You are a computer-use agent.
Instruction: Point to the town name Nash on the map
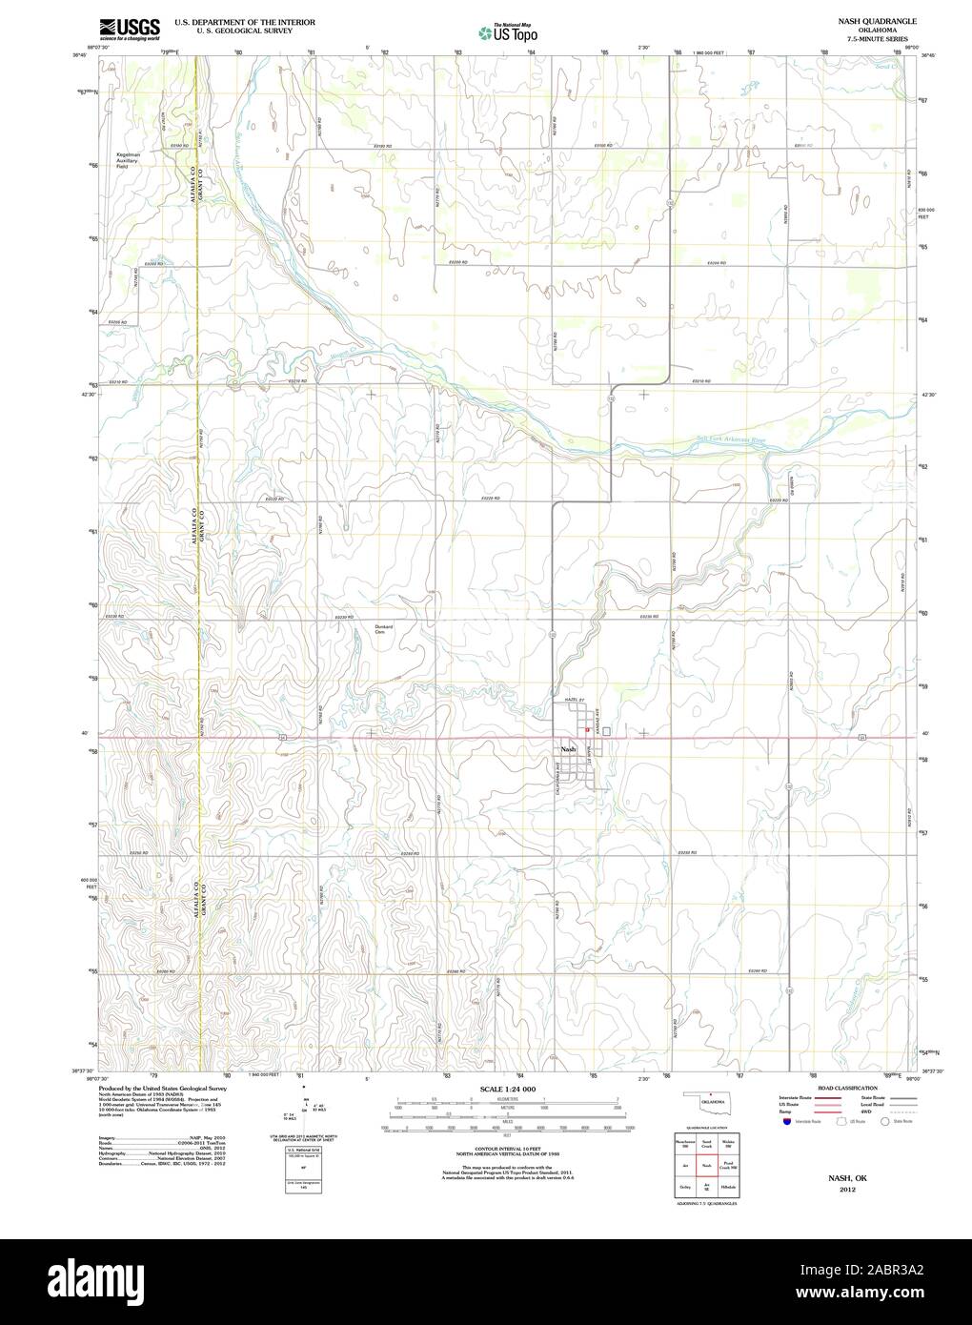tap(569, 750)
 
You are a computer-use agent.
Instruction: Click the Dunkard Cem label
tap(384, 629)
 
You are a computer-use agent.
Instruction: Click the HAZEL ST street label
tap(573, 700)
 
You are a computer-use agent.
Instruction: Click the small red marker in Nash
tap(574, 732)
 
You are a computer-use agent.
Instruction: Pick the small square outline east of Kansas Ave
tap(606, 731)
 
